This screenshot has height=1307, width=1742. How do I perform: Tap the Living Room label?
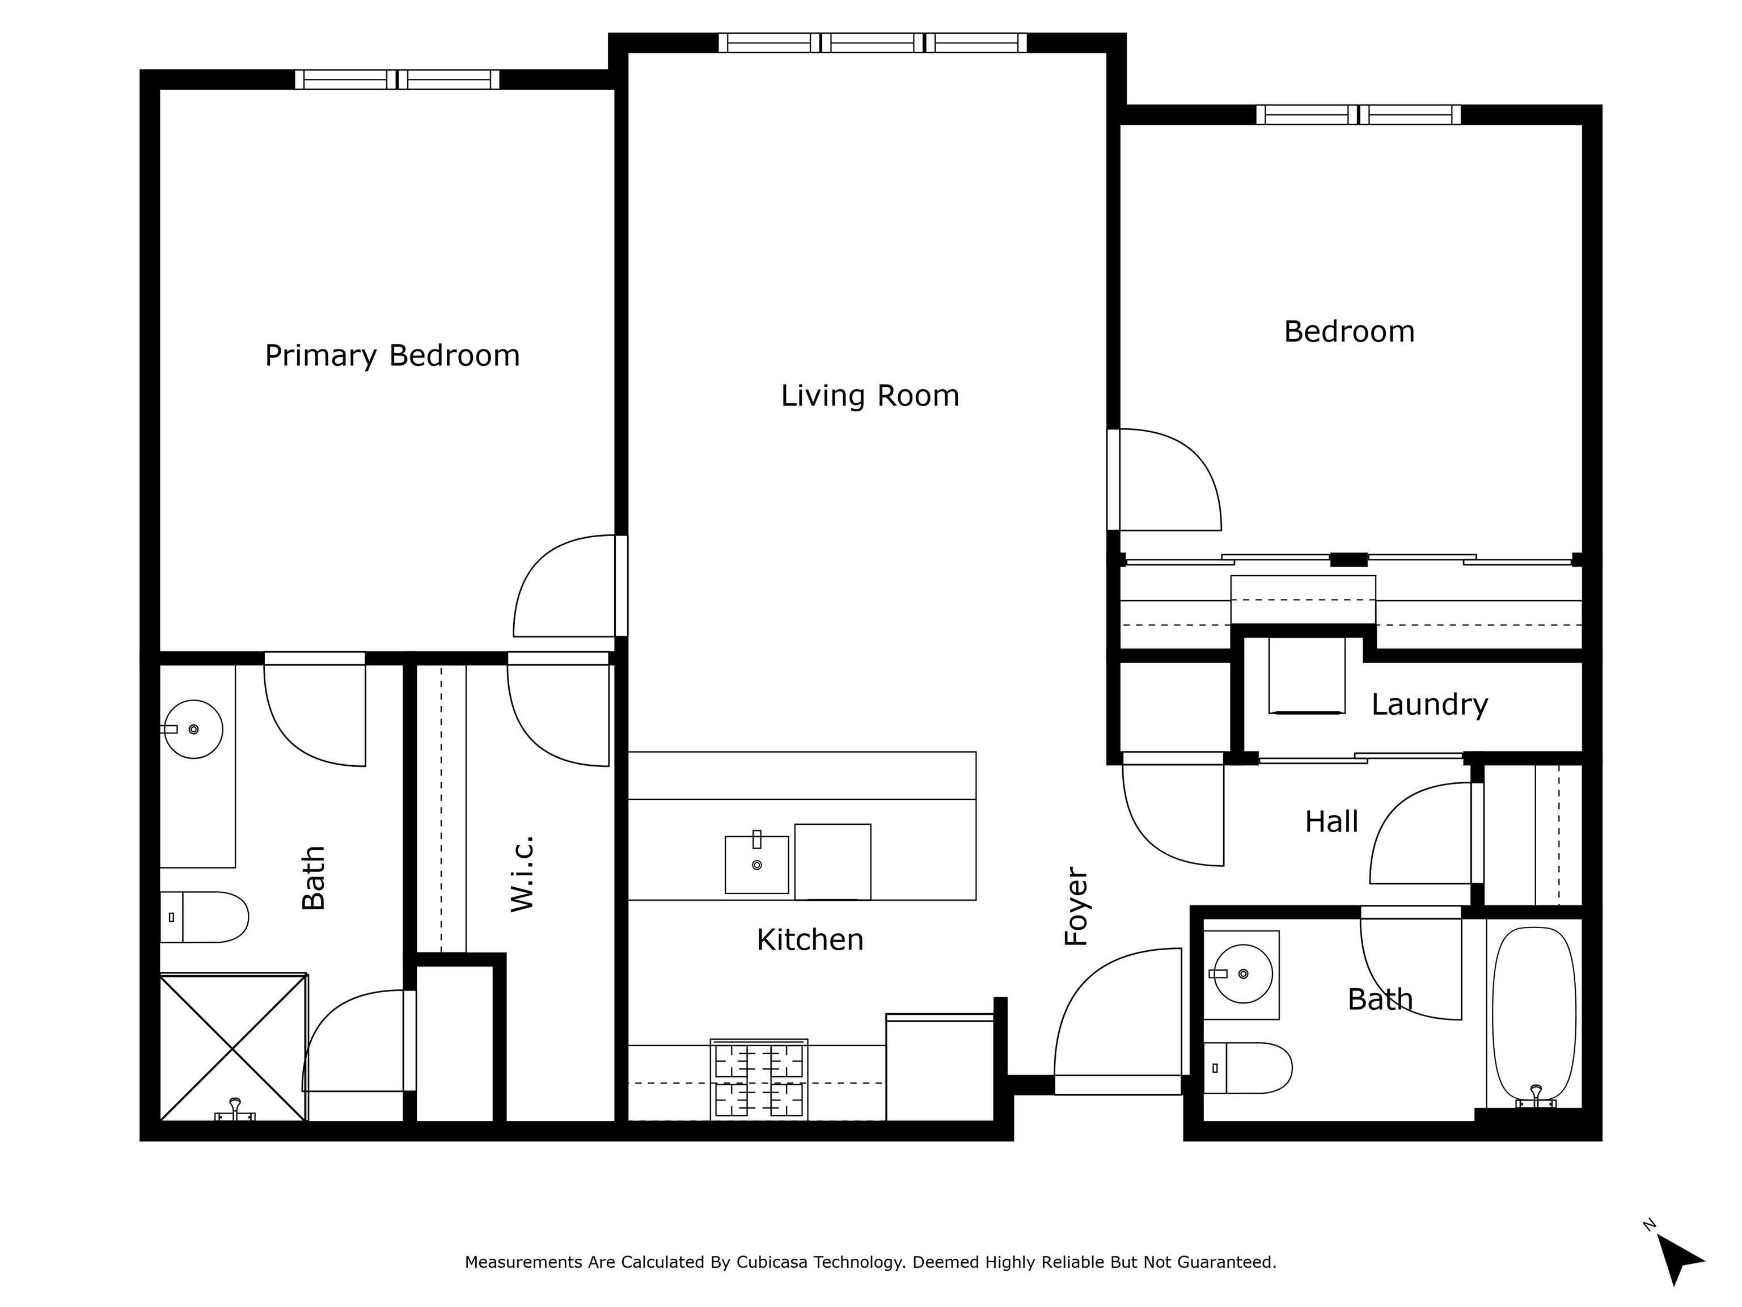tap(870, 395)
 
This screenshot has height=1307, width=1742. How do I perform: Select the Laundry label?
tap(1430, 705)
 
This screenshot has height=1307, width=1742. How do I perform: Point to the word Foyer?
tap(1076, 906)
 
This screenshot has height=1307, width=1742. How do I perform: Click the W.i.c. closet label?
tap(522, 875)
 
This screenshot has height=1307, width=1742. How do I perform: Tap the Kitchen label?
tap(810, 940)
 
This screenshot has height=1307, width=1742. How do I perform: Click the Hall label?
tap(1331, 822)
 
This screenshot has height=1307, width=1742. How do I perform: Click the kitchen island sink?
tap(757, 863)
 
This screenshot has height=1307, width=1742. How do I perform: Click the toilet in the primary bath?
tap(204, 917)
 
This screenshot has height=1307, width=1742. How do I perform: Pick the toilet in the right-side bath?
tap(1248, 1068)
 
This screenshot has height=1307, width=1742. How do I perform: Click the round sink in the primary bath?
tap(192, 729)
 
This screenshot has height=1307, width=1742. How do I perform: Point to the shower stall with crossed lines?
tap(233, 1047)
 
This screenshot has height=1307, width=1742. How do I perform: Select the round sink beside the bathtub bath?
tap(1243, 974)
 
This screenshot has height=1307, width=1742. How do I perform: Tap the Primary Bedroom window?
tap(398, 79)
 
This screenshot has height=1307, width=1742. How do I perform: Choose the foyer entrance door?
tap(1118, 1021)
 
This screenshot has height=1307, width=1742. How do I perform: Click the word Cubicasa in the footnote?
tap(772, 1263)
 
